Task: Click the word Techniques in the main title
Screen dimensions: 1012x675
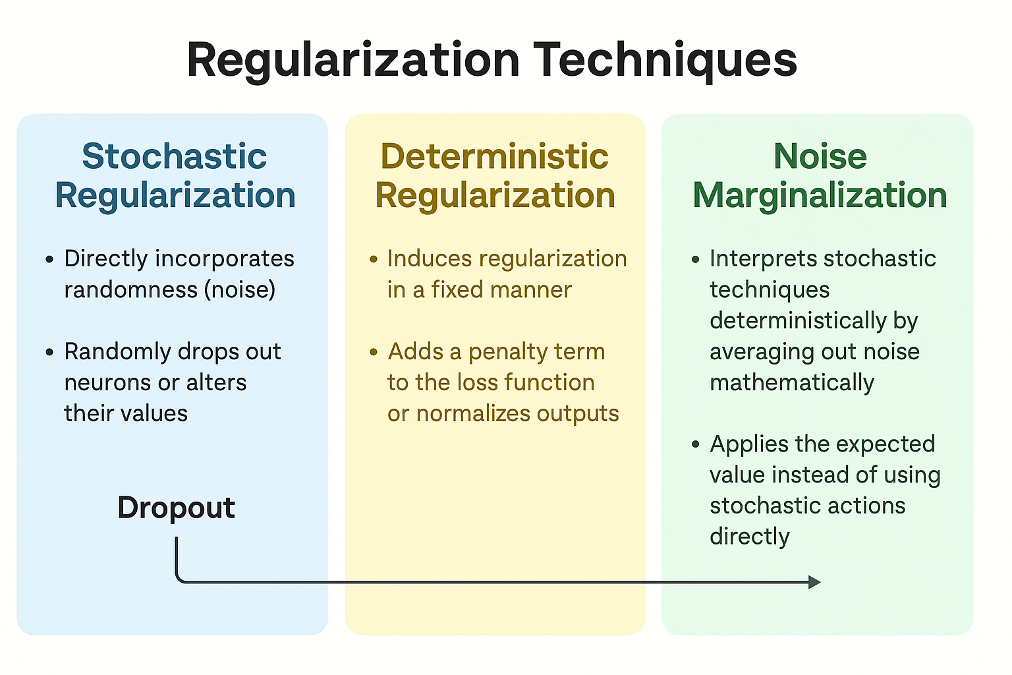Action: click(665, 61)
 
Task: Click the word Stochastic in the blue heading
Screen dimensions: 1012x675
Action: click(175, 156)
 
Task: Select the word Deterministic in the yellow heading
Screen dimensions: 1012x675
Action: click(495, 156)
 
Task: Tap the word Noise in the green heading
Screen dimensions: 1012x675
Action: click(820, 156)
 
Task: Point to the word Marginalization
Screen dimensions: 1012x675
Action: click(820, 195)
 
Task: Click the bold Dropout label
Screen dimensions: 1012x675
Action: click(176, 508)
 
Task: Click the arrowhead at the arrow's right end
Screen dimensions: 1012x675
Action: click(814, 582)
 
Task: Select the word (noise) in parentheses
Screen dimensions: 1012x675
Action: click(240, 289)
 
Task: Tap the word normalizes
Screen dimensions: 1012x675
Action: click(472, 413)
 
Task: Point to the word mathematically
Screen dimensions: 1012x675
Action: click(792, 383)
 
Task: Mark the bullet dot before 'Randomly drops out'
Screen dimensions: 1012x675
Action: click(49, 352)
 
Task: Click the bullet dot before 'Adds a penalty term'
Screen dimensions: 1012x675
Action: click(373, 352)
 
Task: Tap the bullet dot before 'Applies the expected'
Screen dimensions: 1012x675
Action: click(696, 444)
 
